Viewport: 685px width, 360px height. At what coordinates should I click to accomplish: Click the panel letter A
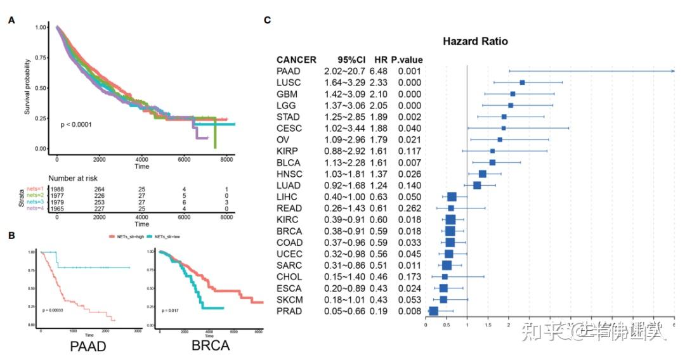pyautogui.click(x=11, y=20)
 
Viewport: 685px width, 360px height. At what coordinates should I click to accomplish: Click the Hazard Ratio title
pyautogui.click(x=474, y=41)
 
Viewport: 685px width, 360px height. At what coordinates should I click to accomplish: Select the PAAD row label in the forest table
pyautogui.click(x=289, y=71)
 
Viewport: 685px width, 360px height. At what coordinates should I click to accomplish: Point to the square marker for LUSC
pyautogui.click(x=522, y=82)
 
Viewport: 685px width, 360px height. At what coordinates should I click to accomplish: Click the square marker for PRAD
pyautogui.click(x=434, y=311)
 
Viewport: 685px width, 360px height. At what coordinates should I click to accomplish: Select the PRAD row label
pyautogui.click(x=289, y=311)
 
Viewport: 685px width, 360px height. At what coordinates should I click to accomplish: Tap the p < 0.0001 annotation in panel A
pyautogui.click(x=76, y=124)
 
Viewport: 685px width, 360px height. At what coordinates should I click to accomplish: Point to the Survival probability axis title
pyautogui.click(x=28, y=87)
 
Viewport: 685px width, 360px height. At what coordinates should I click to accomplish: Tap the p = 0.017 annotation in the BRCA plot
pyautogui.click(x=172, y=311)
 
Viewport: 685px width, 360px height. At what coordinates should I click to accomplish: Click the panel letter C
pyautogui.click(x=268, y=20)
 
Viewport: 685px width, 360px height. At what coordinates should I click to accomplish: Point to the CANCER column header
pyautogui.click(x=297, y=60)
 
